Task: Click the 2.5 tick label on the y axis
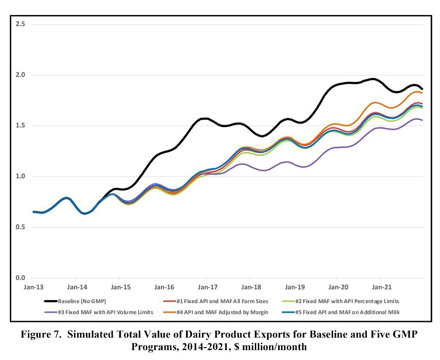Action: click(x=20, y=24)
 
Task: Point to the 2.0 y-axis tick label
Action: click(x=20, y=75)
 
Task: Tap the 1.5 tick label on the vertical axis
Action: click(x=20, y=126)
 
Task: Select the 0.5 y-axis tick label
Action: click(x=20, y=227)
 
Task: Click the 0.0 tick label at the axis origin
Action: click(x=20, y=278)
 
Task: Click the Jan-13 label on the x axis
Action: click(x=33, y=287)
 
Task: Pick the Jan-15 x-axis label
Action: click(x=120, y=287)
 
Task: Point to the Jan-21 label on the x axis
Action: click(x=381, y=287)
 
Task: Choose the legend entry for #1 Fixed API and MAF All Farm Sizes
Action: click(x=222, y=301)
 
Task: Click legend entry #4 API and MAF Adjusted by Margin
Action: click(x=222, y=312)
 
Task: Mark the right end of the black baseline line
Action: click(x=422, y=89)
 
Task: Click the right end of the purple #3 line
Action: click(x=422, y=120)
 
